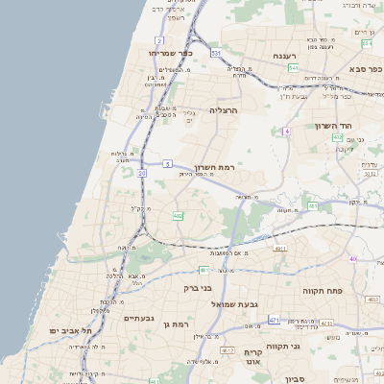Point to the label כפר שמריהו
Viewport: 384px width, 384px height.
point(171,54)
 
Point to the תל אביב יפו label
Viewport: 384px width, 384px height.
point(72,330)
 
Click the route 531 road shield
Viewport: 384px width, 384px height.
point(217,53)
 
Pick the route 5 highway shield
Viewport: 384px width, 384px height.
point(167,163)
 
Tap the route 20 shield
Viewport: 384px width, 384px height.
point(141,173)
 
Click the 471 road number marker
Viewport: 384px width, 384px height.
point(275,319)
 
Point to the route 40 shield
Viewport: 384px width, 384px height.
point(353,258)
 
